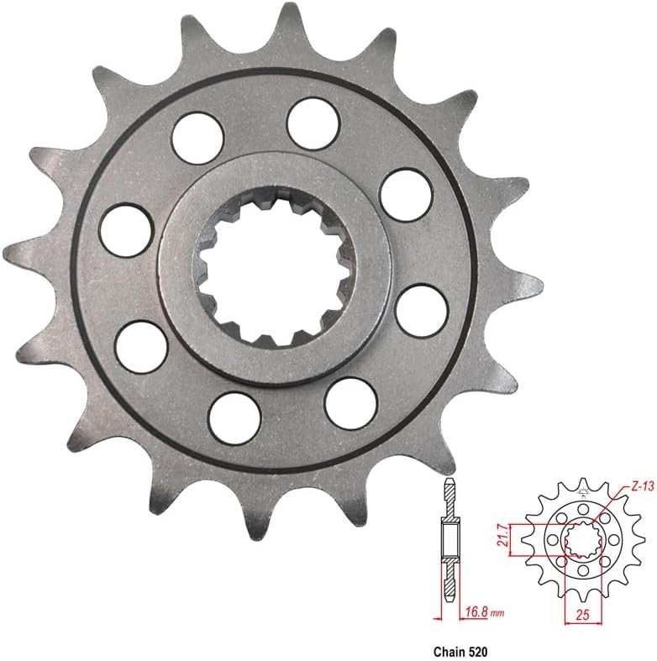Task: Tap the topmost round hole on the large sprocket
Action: click(x=313, y=121)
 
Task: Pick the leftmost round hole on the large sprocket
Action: click(x=125, y=229)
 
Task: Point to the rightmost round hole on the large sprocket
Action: click(x=421, y=310)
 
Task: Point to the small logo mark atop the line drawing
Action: click(x=582, y=486)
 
